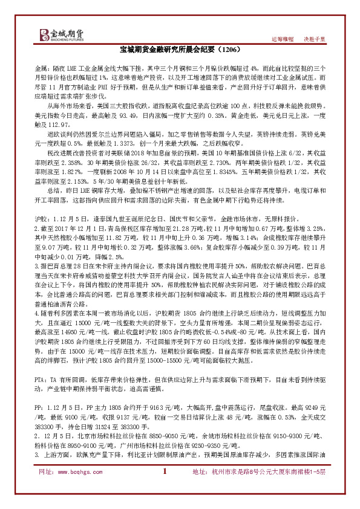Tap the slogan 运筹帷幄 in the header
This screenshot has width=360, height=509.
click(281, 39)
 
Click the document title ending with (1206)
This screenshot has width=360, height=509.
click(180, 52)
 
